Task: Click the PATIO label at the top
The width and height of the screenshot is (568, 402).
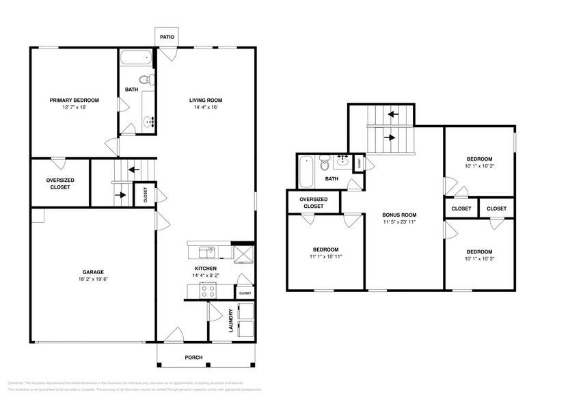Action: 166,38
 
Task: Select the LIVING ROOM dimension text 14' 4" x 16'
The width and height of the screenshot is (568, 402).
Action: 206,107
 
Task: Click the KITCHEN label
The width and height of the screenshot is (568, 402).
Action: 206,268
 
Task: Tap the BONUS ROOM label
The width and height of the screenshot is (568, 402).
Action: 399,215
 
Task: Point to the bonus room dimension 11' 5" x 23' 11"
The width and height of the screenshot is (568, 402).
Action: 399,222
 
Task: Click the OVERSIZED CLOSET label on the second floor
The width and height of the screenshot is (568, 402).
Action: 313,202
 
